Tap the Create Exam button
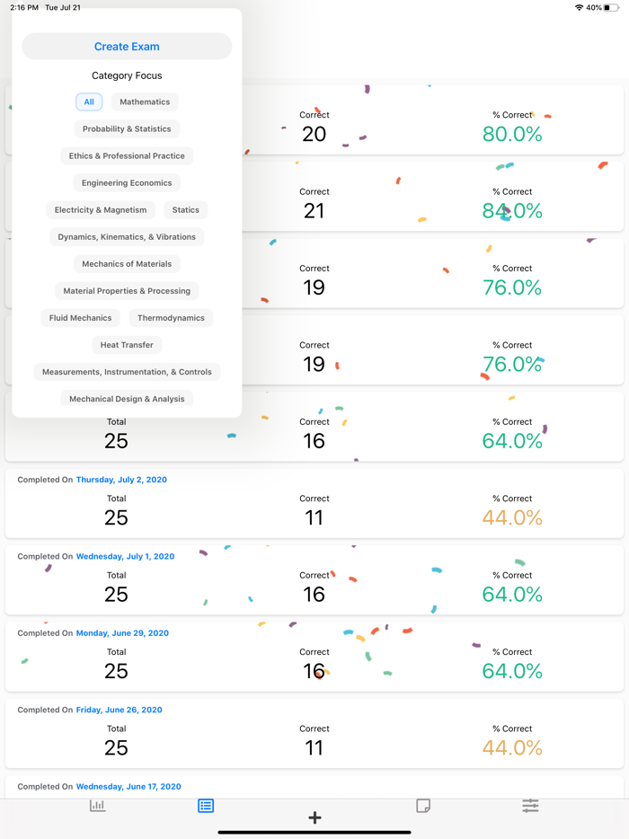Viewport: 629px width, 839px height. coord(127,47)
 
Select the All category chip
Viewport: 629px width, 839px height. coord(89,102)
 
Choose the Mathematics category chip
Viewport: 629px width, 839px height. coord(145,102)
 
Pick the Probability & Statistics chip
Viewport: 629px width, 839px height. coord(127,129)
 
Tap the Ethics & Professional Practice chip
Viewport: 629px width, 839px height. coord(127,156)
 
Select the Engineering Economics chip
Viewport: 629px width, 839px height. coord(127,183)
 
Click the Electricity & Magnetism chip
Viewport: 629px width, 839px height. coord(101,210)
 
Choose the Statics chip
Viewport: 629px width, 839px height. coord(186,210)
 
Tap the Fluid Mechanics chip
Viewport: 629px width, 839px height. coord(81,318)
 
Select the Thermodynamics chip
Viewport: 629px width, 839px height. coord(171,318)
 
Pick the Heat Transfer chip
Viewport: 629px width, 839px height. coord(127,345)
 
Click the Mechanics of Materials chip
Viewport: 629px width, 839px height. coord(127,264)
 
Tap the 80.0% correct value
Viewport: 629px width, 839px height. coord(512,134)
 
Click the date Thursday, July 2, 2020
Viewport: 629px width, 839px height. coord(121,480)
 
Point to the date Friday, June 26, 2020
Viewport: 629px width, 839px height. coord(119,710)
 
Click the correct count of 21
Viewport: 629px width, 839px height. coord(314,211)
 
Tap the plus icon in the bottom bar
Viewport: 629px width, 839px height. coord(314,817)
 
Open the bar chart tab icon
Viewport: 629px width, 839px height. coord(98,806)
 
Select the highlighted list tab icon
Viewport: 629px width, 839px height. coord(206,806)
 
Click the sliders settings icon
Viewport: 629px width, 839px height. coord(530,806)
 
